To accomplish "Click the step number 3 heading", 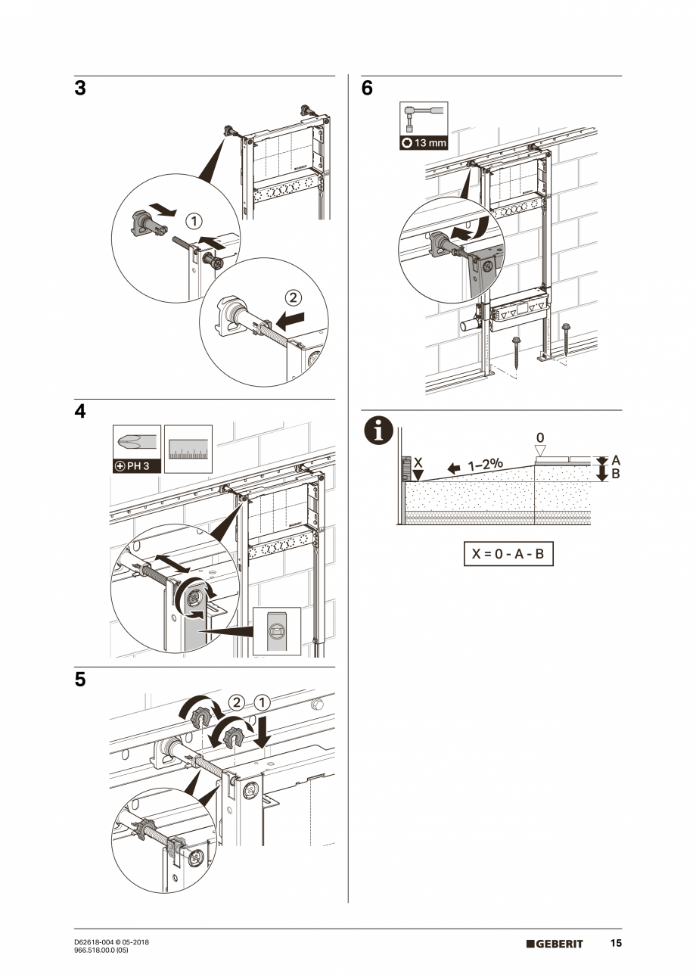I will click(x=80, y=89).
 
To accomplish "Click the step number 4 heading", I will click(x=80, y=412).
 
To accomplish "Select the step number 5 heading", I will click(x=80, y=680).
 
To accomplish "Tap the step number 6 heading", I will click(x=367, y=89).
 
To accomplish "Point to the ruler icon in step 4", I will click(x=188, y=449).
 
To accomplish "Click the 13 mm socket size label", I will click(x=424, y=142).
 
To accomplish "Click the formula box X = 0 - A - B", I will click(x=508, y=553).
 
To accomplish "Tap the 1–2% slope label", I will click(x=485, y=465).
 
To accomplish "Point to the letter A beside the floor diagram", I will click(x=615, y=459).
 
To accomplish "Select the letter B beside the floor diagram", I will click(x=615, y=474).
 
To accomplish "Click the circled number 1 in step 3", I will click(x=194, y=221).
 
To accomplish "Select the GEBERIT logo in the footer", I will click(x=555, y=944).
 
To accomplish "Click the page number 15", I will click(x=616, y=944).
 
